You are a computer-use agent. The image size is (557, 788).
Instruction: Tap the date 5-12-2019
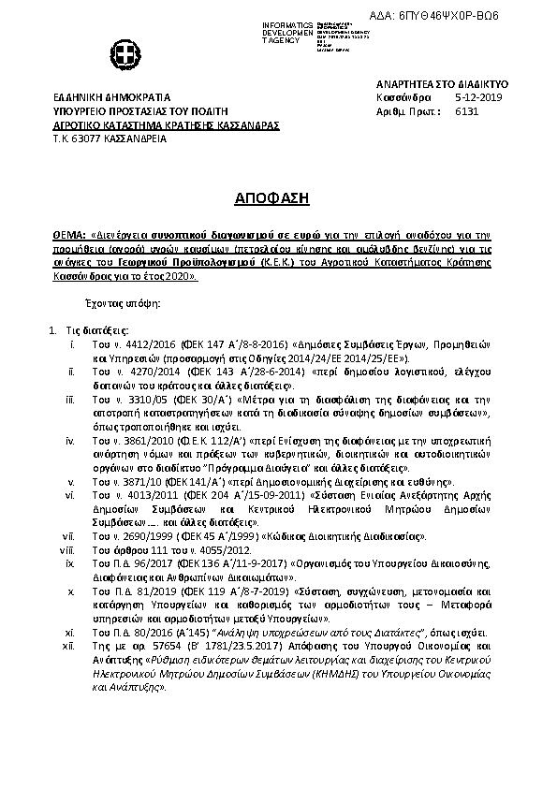click(x=478, y=97)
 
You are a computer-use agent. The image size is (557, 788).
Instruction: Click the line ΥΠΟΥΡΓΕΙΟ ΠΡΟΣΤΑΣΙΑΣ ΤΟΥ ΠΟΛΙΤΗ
click(x=143, y=110)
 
